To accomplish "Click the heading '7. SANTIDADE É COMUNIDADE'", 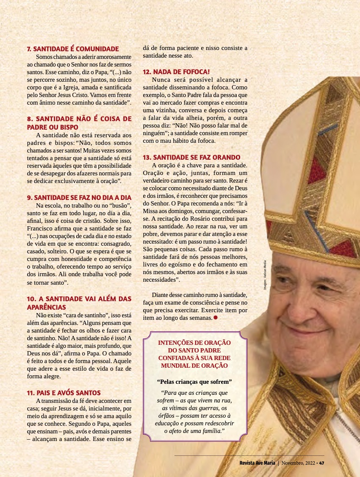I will point(73,49).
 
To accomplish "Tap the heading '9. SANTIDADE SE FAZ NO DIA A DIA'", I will point(79,197).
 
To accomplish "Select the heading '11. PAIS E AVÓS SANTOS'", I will point(64,393).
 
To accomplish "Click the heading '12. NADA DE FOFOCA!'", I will point(176,72).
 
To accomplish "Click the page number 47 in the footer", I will point(321,463).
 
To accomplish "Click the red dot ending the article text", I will point(216,317).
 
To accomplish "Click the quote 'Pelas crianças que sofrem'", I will point(194,381).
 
